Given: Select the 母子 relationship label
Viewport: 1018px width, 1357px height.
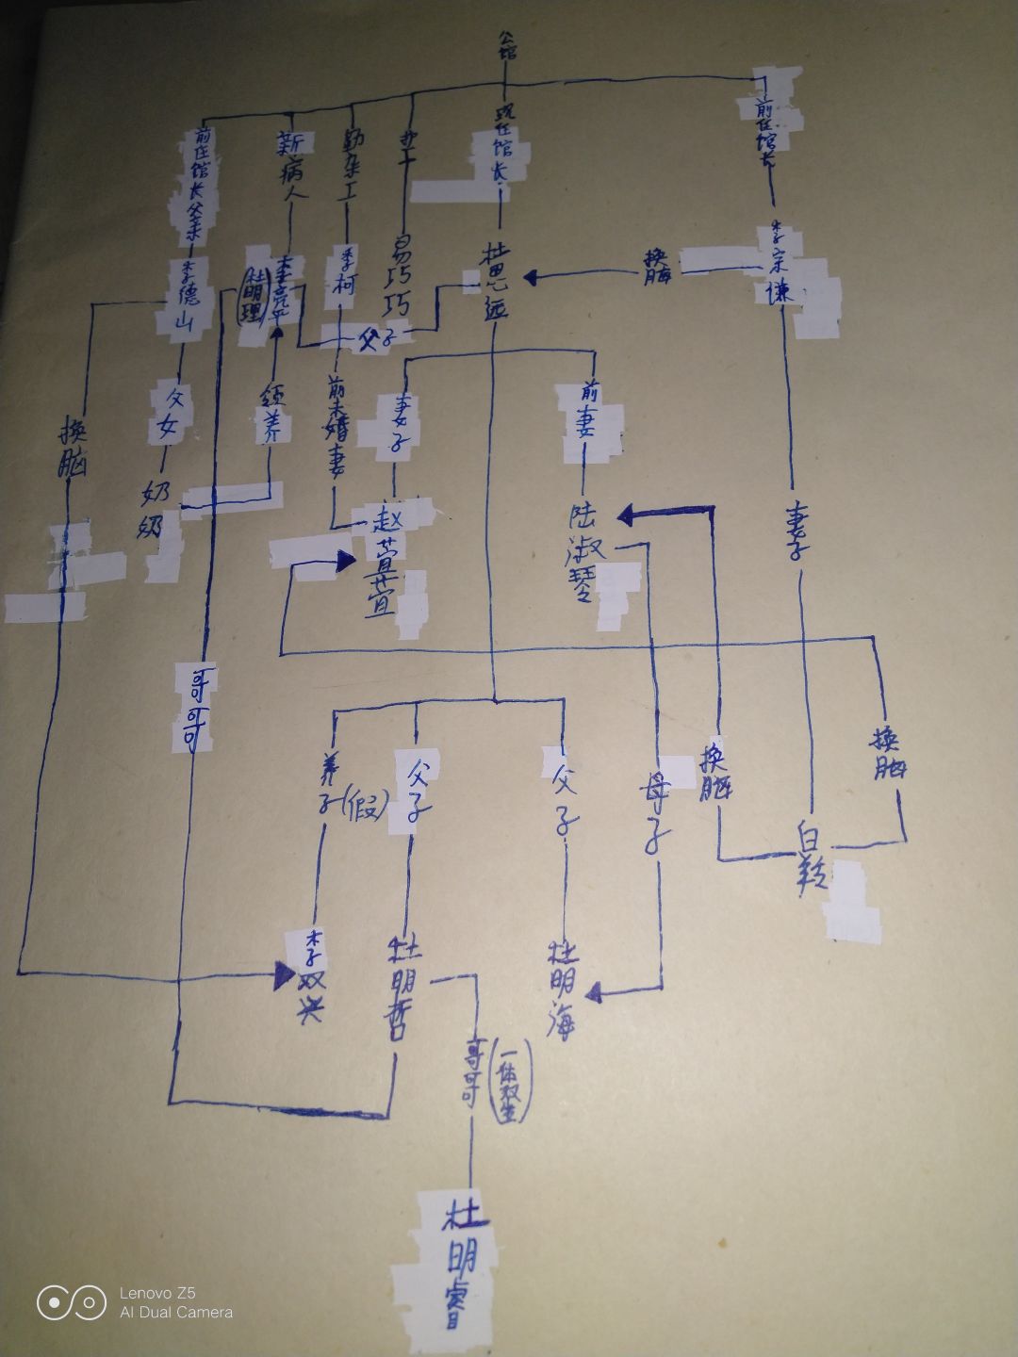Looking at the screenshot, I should click(x=652, y=810).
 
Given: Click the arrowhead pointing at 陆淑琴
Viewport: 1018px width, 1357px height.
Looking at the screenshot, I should click(x=628, y=515).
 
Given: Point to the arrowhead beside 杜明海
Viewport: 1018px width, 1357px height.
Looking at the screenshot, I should click(x=596, y=991).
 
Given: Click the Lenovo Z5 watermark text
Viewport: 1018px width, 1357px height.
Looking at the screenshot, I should click(x=156, y=1293).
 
